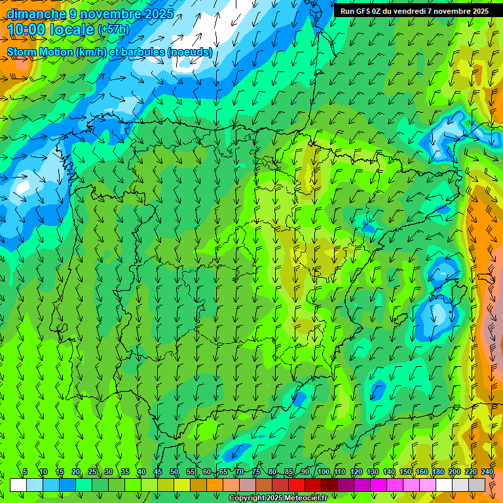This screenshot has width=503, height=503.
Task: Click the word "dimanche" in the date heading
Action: [x=36, y=14]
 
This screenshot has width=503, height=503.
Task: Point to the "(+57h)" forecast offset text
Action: [x=113, y=29]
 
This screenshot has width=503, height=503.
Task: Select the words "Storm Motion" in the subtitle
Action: [x=40, y=52]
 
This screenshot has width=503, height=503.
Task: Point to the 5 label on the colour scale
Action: [x=25, y=472]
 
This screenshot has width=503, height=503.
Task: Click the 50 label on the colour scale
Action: [x=174, y=472]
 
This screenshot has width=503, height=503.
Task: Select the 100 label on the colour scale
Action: [x=324, y=472]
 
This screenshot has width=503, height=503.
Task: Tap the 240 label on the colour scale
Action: [x=487, y=472]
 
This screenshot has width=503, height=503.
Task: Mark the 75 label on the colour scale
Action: [x=256, y=472]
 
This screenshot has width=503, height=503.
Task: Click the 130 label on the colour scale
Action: [x=373, y=472]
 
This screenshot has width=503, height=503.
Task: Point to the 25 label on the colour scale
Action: [x=92, y=472]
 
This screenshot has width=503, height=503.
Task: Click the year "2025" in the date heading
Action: [x=158, y=14]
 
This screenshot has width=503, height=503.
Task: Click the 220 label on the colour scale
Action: [x=471, y=472]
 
